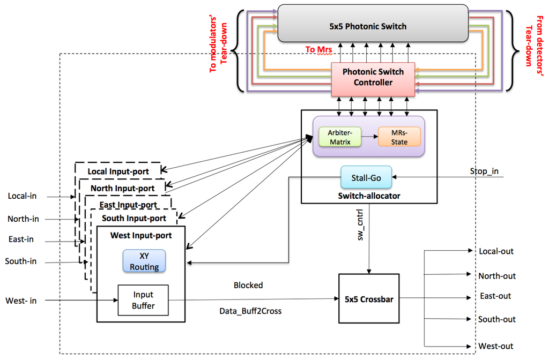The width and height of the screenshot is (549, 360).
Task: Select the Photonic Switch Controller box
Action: coord(373,77)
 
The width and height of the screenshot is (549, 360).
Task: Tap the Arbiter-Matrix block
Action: coord(339,137)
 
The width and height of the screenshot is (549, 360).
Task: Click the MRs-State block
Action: coord(399,137)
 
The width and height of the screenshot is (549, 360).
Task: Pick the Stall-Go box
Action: coord(366,177)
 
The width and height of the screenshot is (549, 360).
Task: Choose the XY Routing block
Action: coord(144,261)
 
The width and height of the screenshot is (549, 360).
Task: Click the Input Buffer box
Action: coord(143,299)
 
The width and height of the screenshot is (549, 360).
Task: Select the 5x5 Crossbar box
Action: coord(369,299)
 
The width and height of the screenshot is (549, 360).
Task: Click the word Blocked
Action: coord(248,285)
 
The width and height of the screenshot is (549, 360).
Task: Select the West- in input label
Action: coord(21,301)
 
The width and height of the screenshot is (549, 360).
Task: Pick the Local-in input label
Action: coord(22,196)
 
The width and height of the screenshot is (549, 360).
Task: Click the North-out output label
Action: coord(497,276)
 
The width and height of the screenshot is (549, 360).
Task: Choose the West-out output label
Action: coord(496,346)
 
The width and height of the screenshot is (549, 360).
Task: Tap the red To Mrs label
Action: coord(318,49)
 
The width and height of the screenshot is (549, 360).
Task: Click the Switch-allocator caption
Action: coord(369,196)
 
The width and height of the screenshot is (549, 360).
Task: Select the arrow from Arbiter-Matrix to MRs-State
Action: coord(369,137)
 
